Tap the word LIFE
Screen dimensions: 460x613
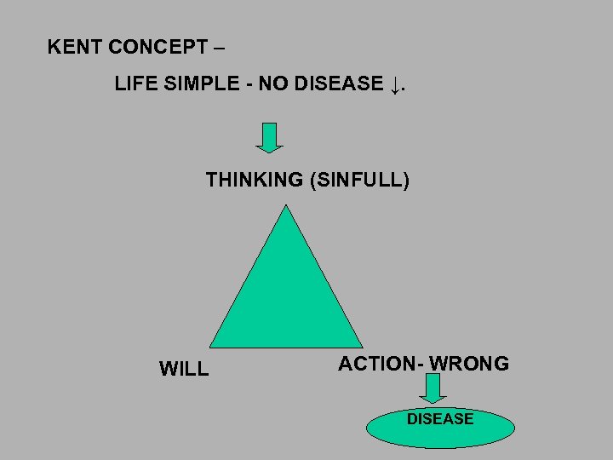click(x=134, y=83)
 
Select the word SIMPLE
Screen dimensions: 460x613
click(x=195, y=83)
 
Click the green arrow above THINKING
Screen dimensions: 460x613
click(x=269, y=137)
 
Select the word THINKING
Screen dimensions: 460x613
click(x=254, y=180)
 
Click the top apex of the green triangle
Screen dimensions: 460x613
click(x=287, y=206)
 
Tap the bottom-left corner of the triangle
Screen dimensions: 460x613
click(x=211, y=347)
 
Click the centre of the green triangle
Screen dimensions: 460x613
click(x=287, y=298)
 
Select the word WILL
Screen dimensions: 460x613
click(x=184, y=369)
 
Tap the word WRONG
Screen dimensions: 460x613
click(x=469, y=364)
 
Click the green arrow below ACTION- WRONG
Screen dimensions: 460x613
click(x=433, y=388)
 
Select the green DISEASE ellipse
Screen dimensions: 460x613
click(x=440, y=427)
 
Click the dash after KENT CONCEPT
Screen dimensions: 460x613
click(x=221, y=47)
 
